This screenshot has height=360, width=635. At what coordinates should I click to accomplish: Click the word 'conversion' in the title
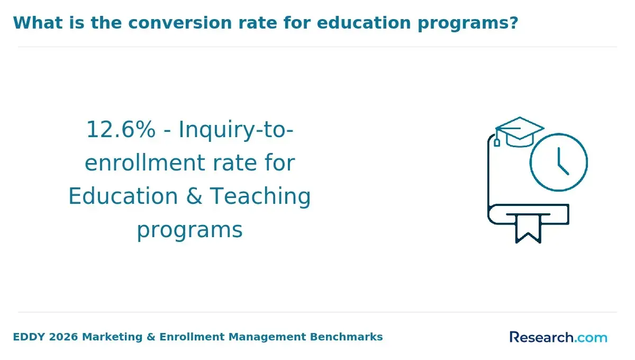click(180, 23)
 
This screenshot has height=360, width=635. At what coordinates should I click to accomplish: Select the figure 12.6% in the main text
click(121, 129)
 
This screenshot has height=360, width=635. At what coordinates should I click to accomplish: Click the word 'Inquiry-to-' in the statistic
click(236, 130)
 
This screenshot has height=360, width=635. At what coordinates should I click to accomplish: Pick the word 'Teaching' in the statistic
click(260, 196)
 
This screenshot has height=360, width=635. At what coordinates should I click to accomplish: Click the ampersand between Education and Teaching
click(194, 196)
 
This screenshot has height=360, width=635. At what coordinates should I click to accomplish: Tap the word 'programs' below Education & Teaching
click(190, 230)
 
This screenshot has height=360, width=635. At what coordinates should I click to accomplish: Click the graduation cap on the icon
click(520, 132)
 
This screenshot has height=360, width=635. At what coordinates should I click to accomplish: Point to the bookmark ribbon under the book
click(528, 229)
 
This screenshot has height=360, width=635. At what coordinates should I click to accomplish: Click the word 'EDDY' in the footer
click(29, 337)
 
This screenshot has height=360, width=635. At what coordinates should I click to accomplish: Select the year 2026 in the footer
click(63, 337)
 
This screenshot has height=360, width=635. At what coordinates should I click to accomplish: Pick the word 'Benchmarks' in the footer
click(347, 337)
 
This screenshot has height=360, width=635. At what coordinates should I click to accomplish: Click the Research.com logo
click(558, 337)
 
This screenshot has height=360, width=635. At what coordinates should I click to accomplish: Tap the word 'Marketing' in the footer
click(112, 337)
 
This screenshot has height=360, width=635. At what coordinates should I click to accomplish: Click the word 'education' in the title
click(364, 23)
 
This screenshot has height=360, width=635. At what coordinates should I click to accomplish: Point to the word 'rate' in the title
click(258, 23)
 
